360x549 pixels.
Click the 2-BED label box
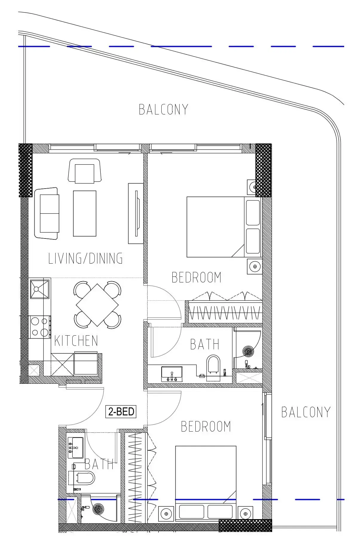(x=121, y=412)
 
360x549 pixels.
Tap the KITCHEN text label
(x=76, y=341)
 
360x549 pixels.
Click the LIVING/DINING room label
(x=85, y=259)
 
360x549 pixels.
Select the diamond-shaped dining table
(x=97, y=305)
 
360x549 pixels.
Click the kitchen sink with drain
(x=39, y=289)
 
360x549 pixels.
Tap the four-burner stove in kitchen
(x=40, y=327)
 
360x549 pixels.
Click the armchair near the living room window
(x=85, y=171)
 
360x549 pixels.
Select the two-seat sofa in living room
(x=47, y=213)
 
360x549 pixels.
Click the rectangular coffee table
(x=85, y=213)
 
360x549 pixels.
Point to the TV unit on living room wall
(x=136, y=213)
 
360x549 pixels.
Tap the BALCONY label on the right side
(x=306, y=412)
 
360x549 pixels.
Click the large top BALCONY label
(x=163, y=109)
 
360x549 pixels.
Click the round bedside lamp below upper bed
(x=255, y=266)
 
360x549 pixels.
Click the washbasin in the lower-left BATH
(x=75, y=447)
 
